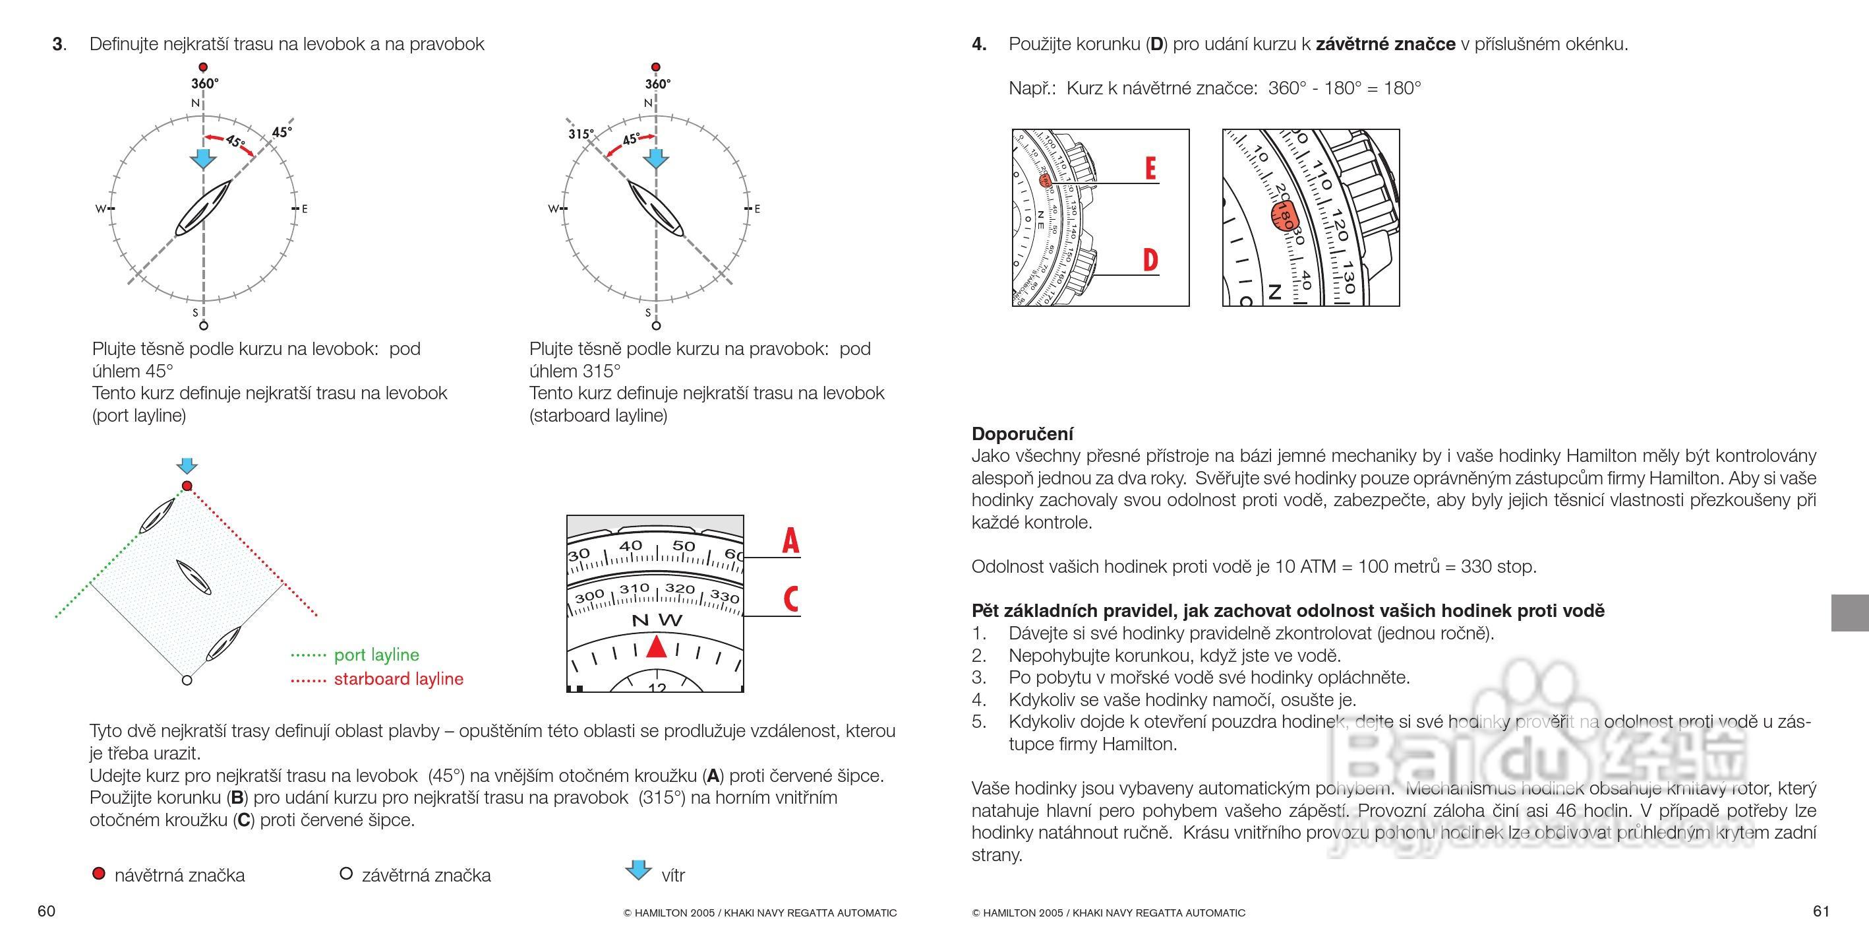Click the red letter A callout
pos(790,541)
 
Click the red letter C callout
pos(790,599)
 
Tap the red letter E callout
pos(1150,168)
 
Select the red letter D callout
pos(1150,260)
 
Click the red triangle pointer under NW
pos(656,646)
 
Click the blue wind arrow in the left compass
pos(202,158)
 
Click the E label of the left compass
pos(304,209)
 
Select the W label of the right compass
pos(553,209)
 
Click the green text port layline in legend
pos(376,655)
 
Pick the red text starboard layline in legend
pos(398,679)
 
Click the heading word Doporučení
pos(1022,434)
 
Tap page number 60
pos(46,912)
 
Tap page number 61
pos(1820,912)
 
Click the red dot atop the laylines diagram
pos(187,486)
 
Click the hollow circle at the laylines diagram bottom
pos(187,680)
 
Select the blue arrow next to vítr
pos(638,870)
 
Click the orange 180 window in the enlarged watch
pos(1284,216)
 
